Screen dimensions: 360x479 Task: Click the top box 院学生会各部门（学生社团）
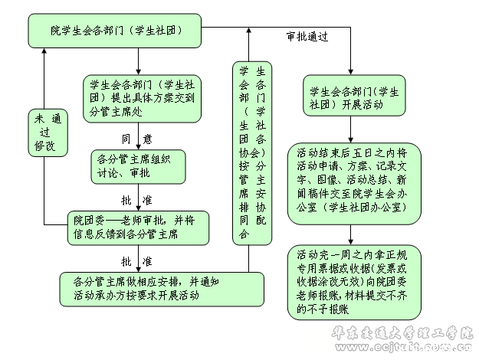(115, 31)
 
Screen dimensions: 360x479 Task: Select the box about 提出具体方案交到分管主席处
(143, 97)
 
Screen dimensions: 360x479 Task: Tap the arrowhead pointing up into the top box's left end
(44, 52)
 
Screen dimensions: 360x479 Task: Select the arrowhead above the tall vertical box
(248, 32)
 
